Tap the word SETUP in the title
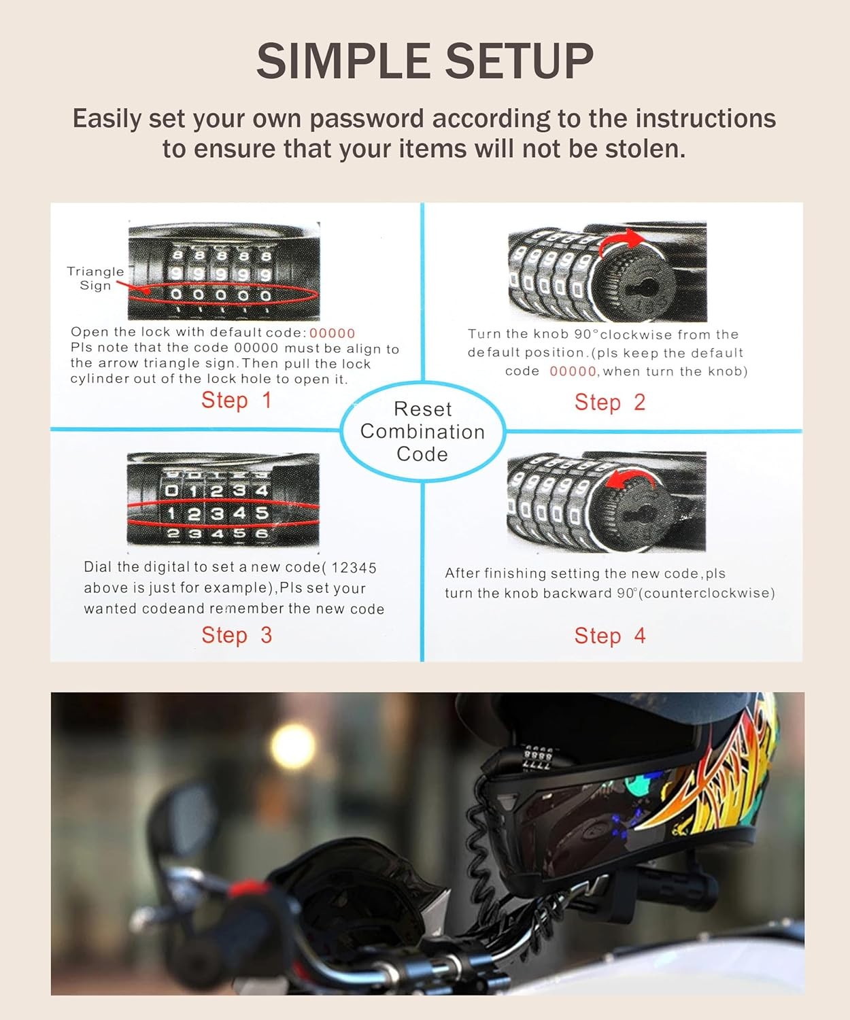point(520,61)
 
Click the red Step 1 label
point(236,400)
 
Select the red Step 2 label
point(609,402)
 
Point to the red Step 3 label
point(236,635)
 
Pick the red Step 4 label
point(609,636)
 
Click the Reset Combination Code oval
point(422,432)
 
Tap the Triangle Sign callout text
point(95,278)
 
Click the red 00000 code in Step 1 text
point(332,333)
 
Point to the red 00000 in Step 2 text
point(573,371)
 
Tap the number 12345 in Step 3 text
point(354,567)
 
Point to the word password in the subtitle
point(367,118)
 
